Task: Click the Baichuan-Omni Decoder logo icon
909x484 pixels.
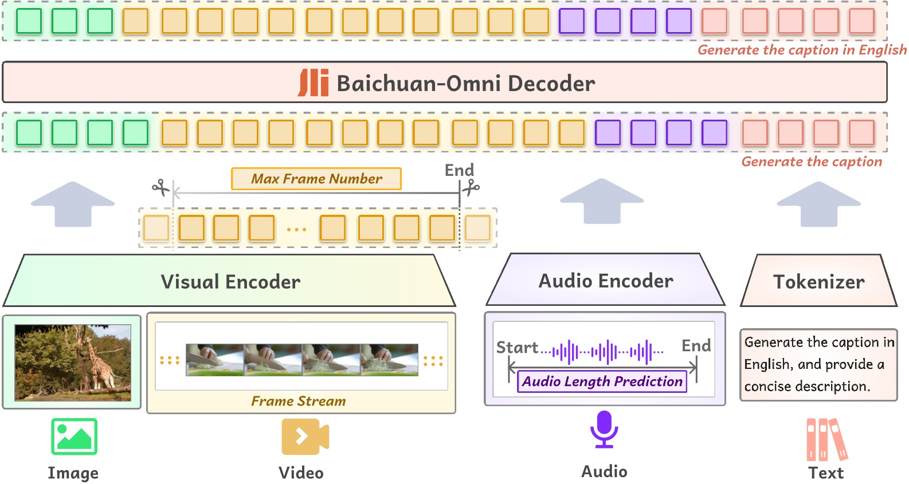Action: pos(313,83)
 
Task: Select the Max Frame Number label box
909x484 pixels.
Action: pos(316,179)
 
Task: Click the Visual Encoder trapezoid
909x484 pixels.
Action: pos(230,281)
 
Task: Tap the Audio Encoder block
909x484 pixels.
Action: pos(605,281)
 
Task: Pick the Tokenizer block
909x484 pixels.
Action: pos(818,281)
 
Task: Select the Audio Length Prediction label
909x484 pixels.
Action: pos(602,381)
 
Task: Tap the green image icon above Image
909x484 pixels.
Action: pos(74,436)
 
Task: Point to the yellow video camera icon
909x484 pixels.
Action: pos(304,436)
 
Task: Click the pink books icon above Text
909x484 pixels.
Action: pos(826,440)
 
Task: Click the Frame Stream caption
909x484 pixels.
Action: pos(298,401)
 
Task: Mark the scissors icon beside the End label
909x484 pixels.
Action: pos(471,187)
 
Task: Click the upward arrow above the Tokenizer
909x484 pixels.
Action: pos(818,203)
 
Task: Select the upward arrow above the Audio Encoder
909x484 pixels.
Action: pos(602,200)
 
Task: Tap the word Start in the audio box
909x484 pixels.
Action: pos(516,348)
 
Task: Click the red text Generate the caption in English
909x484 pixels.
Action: pos(801,50)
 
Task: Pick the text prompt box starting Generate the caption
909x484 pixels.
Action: pos(818,364)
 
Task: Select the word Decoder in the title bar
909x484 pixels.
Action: pos(551,84)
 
